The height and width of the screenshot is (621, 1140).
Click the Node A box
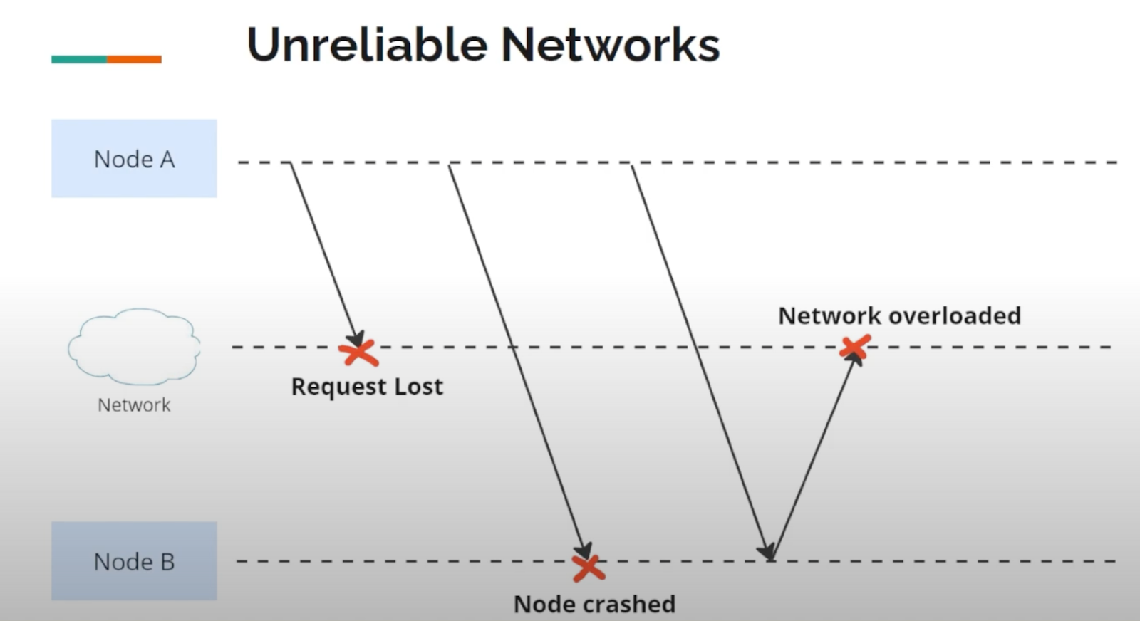click(134, 158)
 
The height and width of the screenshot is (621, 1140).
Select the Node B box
click(134, 560)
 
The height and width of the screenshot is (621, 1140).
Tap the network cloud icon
click(134, 346)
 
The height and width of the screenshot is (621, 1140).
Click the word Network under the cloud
click(134, 405)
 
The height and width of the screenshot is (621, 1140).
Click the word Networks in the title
click(611, 45)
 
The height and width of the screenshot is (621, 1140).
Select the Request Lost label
click(367, 386)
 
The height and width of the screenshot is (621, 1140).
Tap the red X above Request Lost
click(358, 352)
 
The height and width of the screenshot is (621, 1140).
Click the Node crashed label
click(594, 604)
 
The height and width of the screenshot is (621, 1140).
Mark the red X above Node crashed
click(589, 568)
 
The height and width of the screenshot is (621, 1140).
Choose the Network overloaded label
click(899, 315)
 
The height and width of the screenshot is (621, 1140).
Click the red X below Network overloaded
click(854, 348)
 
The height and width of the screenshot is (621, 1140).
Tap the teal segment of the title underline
click(79, 59)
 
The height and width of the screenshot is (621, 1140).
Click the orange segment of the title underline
click(134, 59)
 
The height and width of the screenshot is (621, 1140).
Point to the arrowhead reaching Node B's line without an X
click(766, 551)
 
